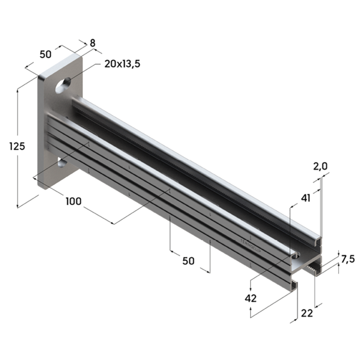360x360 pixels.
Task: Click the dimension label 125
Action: click(17, 146)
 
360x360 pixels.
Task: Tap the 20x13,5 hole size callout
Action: click(122, 64)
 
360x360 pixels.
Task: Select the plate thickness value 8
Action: click(93, 43)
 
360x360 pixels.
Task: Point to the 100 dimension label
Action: click(73, 201)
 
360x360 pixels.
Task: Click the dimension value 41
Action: click(305, 198)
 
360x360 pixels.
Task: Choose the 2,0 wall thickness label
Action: click(320, 167)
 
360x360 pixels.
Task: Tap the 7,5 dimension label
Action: click(348, 259)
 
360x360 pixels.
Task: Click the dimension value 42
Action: click(250, 299)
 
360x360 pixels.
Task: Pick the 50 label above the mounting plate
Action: click(46, 54)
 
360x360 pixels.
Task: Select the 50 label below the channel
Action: click(188, 261)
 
